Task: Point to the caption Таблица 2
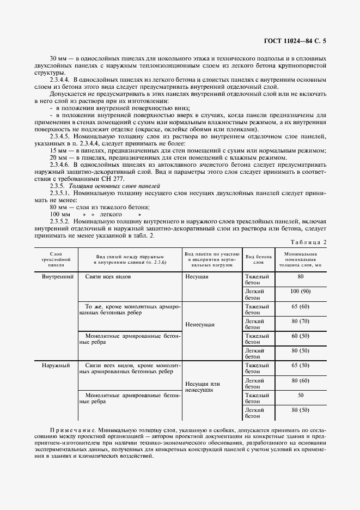point(308,242)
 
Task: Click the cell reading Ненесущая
point(199,324)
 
